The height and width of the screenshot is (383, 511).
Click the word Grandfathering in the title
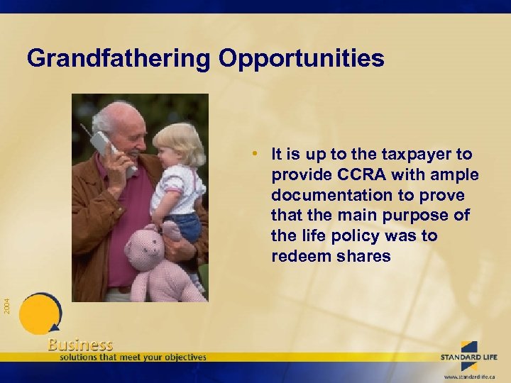pyautogui.click(x=119, y=58)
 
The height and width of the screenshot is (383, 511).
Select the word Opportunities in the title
pyautogui.click(x=301, y=58)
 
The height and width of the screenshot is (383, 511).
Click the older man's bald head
pyautogui.click(x=117, y=113)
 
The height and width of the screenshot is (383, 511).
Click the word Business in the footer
pyautogui.click(x=80, y=345)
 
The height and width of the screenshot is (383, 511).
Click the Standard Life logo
pyautogui.click(x=469, y=352)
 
